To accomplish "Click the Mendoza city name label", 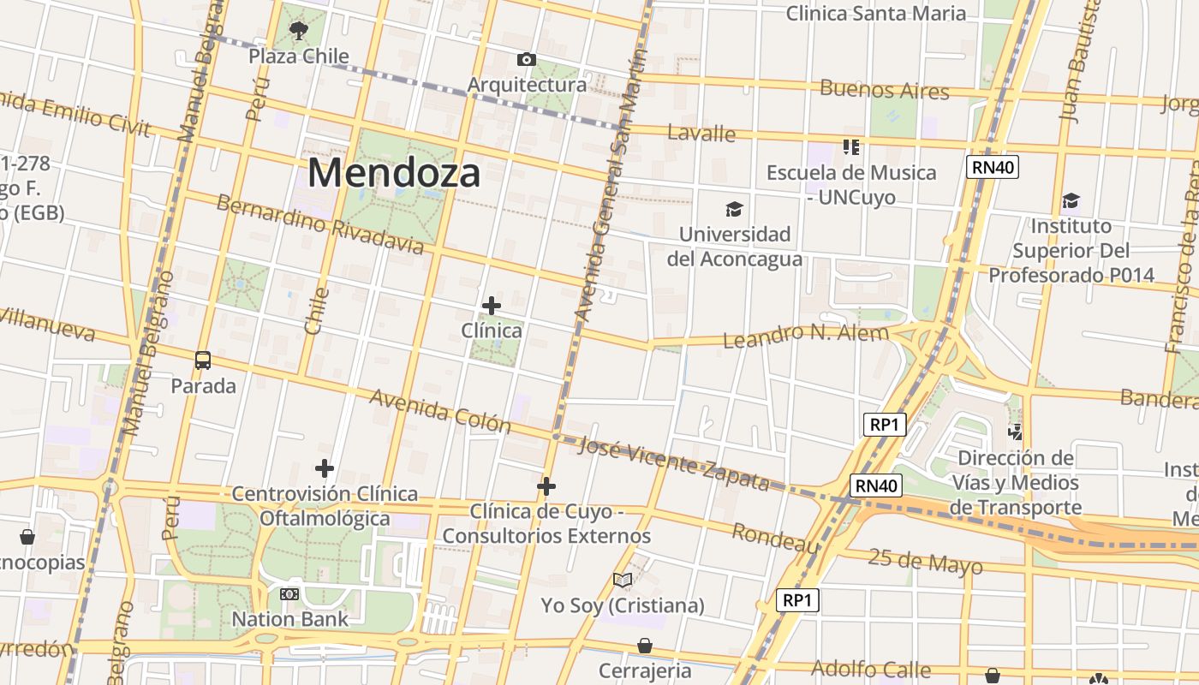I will pyautogui.click(x=394, y=173).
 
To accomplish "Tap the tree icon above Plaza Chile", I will pyautogui.click(x=298, y=32).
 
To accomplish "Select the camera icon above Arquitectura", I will pyautogui.click(x=527, y=59).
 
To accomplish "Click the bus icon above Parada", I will pyautogui.click(x=203, y=360).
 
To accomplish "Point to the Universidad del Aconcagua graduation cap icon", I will pyautogui.click(x=734, y=209).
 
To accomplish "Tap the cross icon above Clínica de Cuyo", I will pyautogui.click(x=546, y=486).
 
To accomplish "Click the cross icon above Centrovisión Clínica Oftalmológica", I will pyautogui.click(x=325, y=468).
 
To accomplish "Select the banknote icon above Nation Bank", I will pyautogui.click(x=289, y=593).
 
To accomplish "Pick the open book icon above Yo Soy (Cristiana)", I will pyautogui.click(x=623, y=581).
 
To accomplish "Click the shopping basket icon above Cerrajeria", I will pyautogui.click(x=644, y=646).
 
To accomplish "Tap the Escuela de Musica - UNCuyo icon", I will pyautogui.click(x=850, y=147).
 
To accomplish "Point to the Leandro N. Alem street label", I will pyautogui.click(x=806, y=335).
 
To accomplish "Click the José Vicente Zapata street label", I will pyautogui.click(x=673, y=463).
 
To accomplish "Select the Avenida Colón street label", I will pyautogui.click(x=440, y=411).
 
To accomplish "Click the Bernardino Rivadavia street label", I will pyautogui.click(x=319, y=224).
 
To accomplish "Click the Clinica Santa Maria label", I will pyautogui.click(x=875, y=13).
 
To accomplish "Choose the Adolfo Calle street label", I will pyautogui.click(x=870, y=669).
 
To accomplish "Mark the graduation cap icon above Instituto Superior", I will pyautogui.click(x=1071, y=201).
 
